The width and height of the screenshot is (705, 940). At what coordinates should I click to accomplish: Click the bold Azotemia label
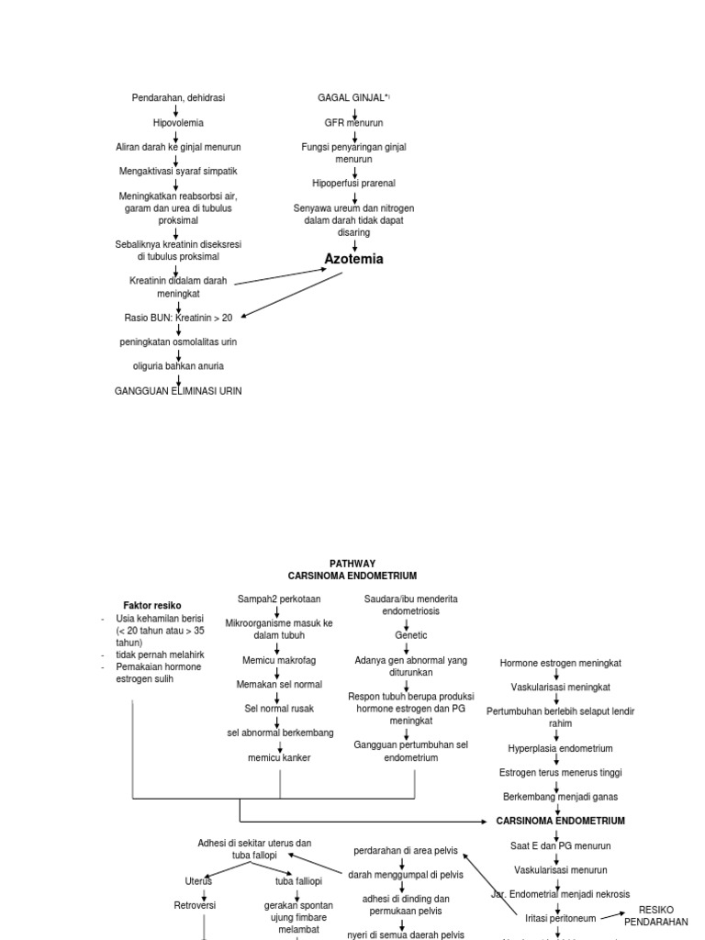353,260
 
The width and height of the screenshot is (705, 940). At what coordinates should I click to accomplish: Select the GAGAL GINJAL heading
354,97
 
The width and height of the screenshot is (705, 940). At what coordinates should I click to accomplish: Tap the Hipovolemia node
178,122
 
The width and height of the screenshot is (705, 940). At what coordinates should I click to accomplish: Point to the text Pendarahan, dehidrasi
178,97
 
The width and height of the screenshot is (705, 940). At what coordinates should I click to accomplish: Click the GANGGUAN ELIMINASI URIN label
178,391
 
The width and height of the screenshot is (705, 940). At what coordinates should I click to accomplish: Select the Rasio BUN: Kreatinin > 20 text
178,318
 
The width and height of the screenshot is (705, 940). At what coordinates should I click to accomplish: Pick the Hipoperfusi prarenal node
353,184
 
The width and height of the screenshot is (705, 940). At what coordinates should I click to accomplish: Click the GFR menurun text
353,122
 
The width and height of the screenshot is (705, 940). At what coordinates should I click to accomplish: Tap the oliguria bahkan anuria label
178,366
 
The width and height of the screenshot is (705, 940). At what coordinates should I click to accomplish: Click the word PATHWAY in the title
352,564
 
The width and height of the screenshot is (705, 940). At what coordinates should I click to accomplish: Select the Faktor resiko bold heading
152,606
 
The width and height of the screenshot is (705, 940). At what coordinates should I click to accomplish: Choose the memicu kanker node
279,757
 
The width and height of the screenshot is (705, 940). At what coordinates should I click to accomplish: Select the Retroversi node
203,905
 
